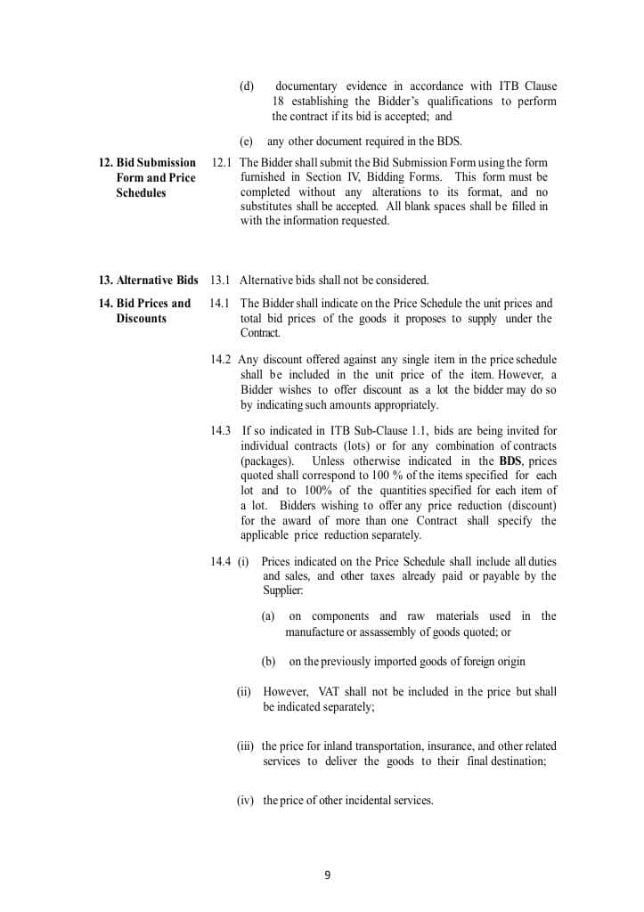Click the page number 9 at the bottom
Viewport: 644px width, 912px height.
tap(327, 875)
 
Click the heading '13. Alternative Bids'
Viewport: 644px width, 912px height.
tap(148, 281)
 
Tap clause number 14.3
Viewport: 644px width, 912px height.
tap(221, 431)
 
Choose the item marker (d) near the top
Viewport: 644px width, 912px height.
tap(247, 86)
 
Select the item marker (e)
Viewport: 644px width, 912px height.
tap(247, 142)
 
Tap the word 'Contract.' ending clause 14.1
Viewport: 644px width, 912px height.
tap(260, 333)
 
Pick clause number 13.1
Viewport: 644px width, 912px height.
tap(220, 281)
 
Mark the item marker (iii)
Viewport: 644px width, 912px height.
tap(246, 746)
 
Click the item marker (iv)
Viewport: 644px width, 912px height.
tap(246, 801)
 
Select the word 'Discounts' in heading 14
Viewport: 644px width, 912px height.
tap(141, 319)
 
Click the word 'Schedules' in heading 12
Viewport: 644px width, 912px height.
tap(141, 193)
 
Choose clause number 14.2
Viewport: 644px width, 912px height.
tap(221, 360)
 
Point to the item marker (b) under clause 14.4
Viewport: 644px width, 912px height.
tap(268, 662)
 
